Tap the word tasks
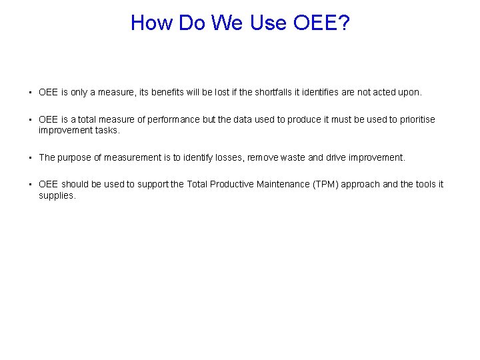[107, 130]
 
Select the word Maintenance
[284, 185]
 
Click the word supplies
[57, 195]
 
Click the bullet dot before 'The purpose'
[31, 158]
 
